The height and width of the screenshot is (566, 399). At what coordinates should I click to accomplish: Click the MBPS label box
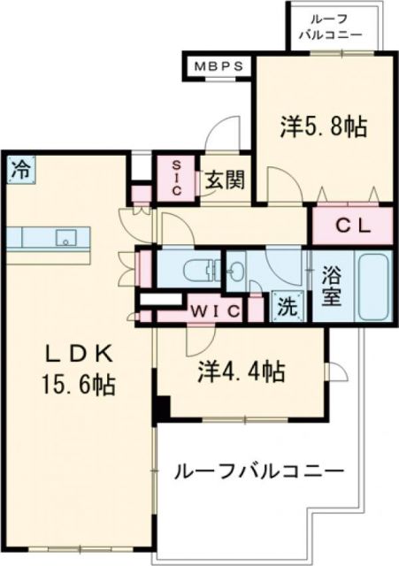pos(219,65)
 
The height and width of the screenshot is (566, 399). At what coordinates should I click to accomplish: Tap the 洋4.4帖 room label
pos(240,373)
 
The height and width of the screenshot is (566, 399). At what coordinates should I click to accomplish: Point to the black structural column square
pos(161,409)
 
